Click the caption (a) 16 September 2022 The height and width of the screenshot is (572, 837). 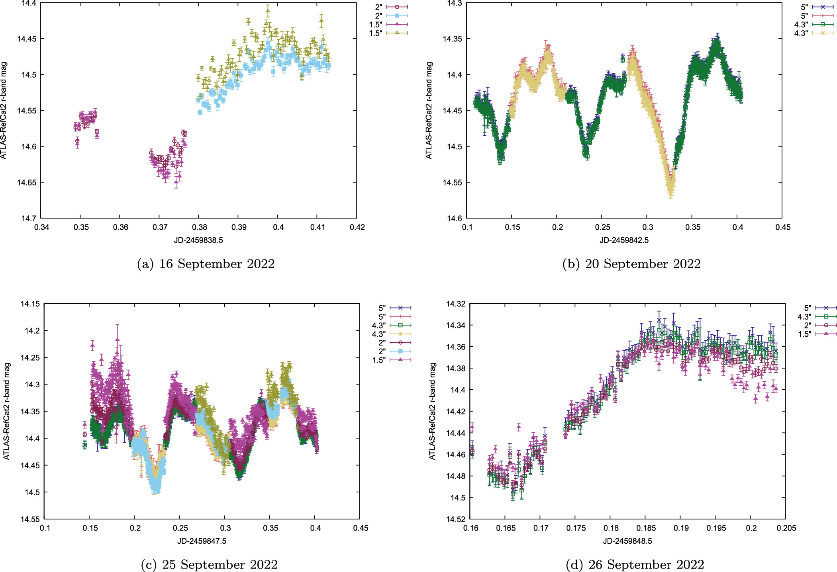coord(206,264)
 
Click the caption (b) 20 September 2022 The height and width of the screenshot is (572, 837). coord(631,264)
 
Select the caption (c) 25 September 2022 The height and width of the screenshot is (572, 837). coord(209,564)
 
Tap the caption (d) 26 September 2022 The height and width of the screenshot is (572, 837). coord(635,564)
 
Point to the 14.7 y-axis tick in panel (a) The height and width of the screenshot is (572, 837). coord(29,219)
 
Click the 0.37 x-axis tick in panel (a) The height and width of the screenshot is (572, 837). coord(160,227)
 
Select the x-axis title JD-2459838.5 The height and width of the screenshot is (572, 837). coord(198,240)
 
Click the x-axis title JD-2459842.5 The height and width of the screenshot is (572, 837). coord(624,240)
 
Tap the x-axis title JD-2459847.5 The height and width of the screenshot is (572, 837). coord(202,541)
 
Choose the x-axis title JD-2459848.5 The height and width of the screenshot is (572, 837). coord(627,541)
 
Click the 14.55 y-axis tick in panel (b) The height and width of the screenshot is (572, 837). coord(453,182)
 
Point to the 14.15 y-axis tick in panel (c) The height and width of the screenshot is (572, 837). coord(30,304)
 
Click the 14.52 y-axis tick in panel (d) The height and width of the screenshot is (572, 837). coord(456,519)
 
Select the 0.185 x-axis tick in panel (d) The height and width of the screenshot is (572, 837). coord(646,528)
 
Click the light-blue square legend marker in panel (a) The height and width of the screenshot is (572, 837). coord(397,16)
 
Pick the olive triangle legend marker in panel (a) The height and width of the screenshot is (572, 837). coord(397,33)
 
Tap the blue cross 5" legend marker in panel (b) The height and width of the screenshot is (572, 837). coord(823,7)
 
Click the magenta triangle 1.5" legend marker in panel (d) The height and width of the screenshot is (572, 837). coord(826,334)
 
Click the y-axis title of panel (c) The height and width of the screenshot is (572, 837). coord(7,411)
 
